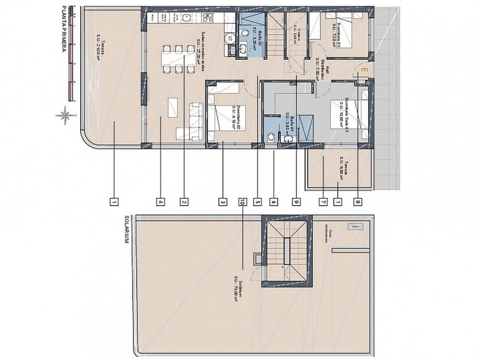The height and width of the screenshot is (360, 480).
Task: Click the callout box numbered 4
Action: [x=160, y=202]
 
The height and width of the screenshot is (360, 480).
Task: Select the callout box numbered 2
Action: [x=184, y=202]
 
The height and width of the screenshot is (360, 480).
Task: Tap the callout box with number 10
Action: [x=242, y=202]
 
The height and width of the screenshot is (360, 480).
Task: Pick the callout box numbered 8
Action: [x=358, y=202]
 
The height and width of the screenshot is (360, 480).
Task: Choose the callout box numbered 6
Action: [x=274, y=202]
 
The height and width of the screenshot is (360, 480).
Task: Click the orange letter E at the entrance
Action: [x=363, y=70]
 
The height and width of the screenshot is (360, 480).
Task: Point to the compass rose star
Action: [x=65, y=115]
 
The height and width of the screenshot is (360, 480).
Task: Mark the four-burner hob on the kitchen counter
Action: [x=206, y=16]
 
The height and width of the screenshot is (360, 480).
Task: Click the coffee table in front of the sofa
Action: [x=173, y=108]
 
